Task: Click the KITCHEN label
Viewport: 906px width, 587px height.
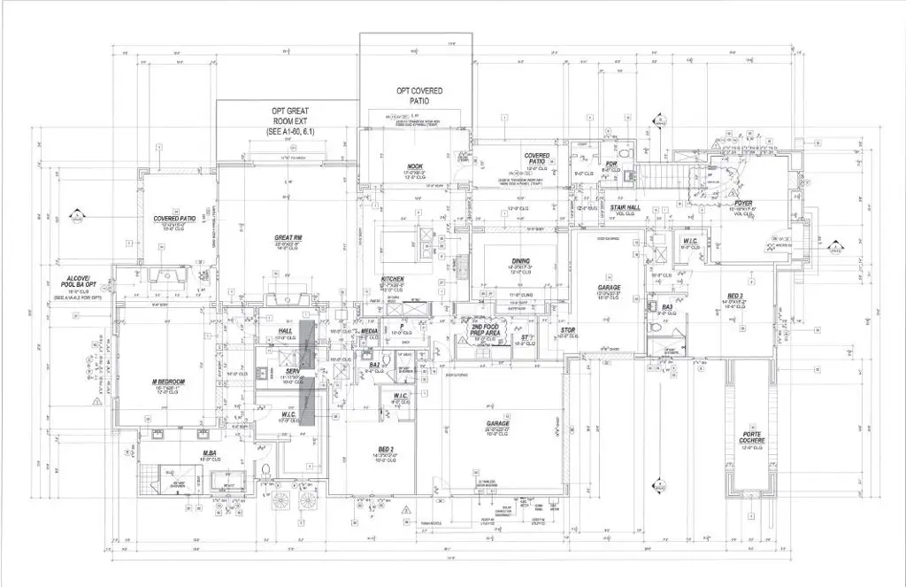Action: click(393, 279)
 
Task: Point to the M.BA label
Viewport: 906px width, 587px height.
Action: click(211, 453)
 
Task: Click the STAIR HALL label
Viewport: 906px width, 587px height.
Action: click(626, 208)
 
